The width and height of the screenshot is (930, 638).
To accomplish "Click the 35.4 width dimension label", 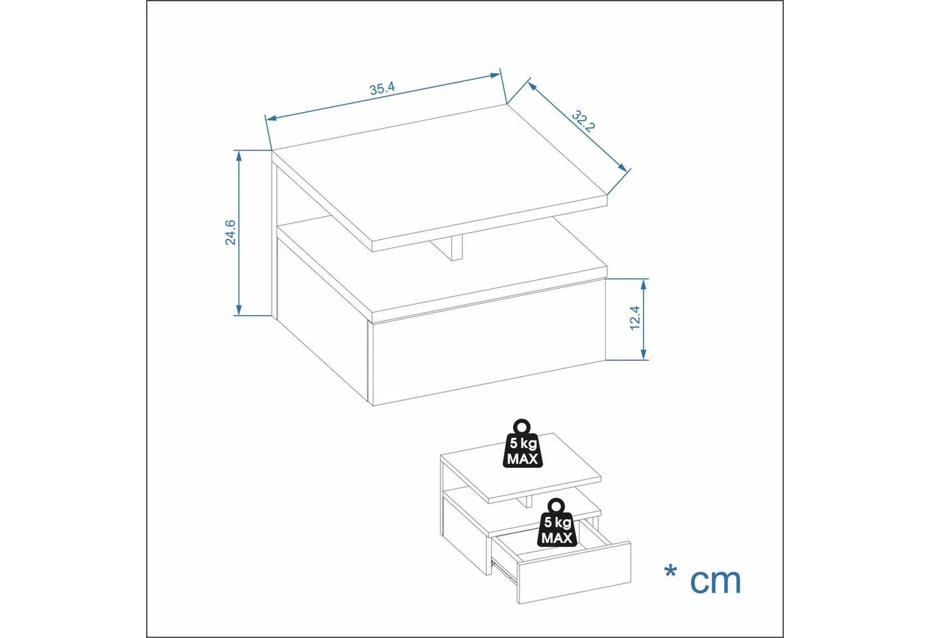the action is [382, 88].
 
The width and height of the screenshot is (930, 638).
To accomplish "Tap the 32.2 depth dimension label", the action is [583, 121].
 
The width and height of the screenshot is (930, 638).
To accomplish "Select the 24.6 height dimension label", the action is [230, 232].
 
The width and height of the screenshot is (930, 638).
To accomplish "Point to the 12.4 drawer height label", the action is [635, 318].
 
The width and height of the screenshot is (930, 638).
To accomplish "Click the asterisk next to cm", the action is [670, 573].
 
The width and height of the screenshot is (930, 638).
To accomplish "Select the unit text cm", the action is [715, 582].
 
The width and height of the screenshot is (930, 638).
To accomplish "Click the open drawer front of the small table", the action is [574, 573].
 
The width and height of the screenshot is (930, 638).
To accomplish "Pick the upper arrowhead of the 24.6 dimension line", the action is [238, 156].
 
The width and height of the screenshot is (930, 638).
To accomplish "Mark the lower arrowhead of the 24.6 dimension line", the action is [238, 310].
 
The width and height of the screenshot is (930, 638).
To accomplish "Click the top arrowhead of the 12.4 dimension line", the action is [644, 284].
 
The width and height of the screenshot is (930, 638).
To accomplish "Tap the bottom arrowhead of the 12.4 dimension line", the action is [644, 354].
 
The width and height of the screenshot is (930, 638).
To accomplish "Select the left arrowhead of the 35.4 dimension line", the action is [271, 118].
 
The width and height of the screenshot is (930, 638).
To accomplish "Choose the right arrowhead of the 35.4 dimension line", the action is [495, 76].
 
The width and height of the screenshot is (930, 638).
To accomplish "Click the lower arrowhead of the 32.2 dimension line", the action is [623, 167].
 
